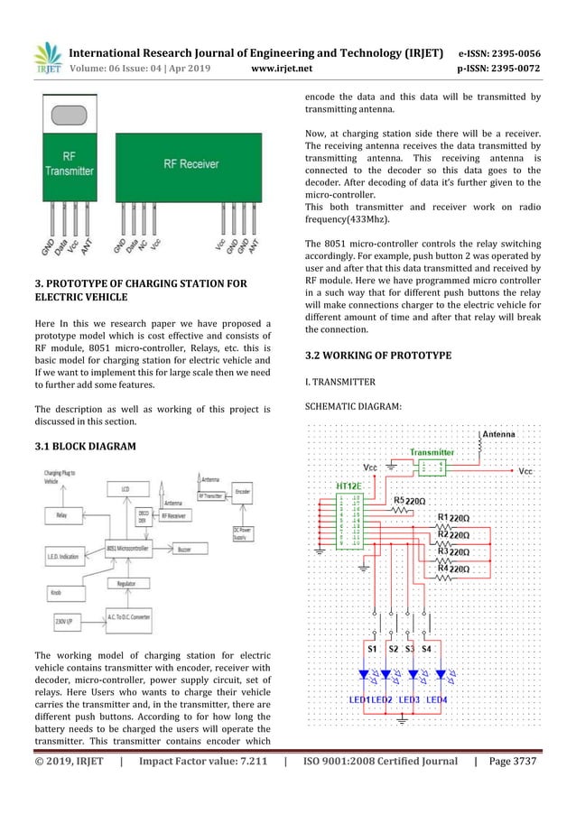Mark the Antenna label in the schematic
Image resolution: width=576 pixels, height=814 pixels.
[x=498, y=434]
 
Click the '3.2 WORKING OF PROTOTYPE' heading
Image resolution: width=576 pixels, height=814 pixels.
[x=377, y=355]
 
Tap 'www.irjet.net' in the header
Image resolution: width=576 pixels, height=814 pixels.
[x=284, y=66]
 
